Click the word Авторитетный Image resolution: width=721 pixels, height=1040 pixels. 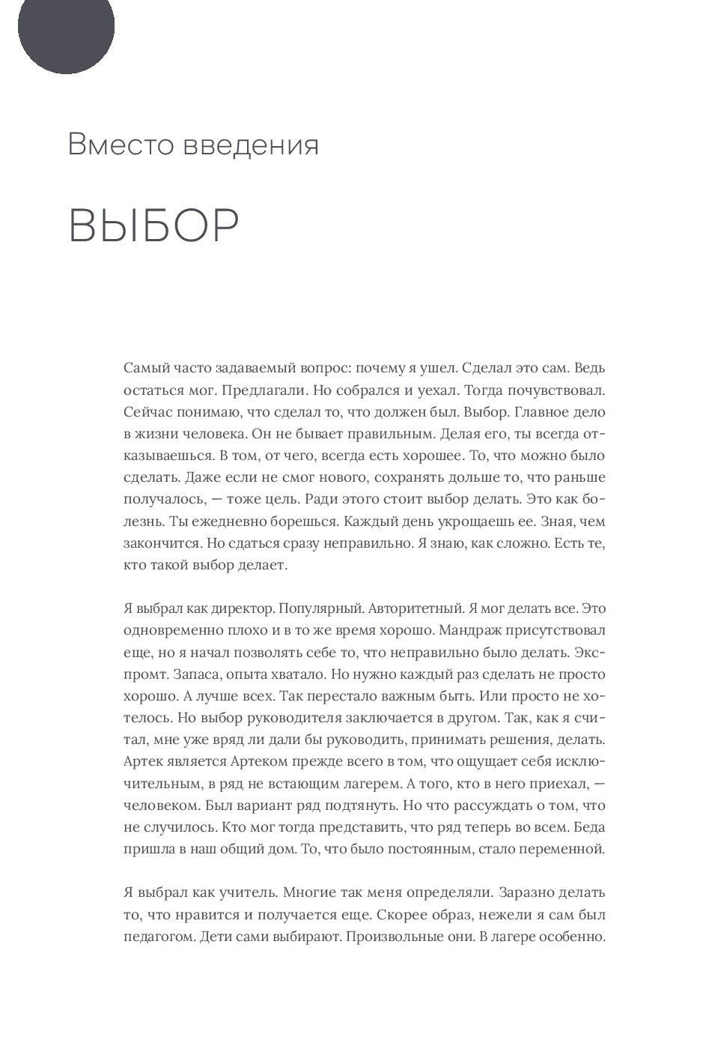435,608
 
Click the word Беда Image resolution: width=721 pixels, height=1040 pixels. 590,827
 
